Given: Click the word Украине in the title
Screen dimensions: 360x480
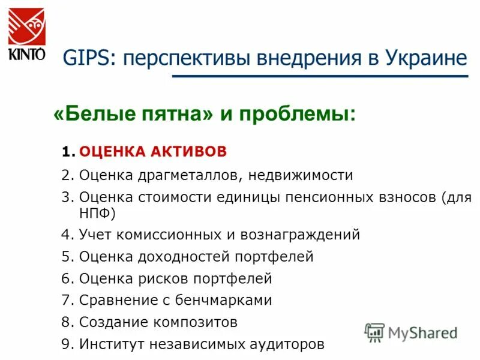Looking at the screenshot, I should [427, 58].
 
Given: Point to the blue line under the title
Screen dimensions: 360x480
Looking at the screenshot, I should [319, 76].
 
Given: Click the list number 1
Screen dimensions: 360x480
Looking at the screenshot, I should [67, 152].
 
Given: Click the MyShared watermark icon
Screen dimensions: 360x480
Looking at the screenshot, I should [374, 332].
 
